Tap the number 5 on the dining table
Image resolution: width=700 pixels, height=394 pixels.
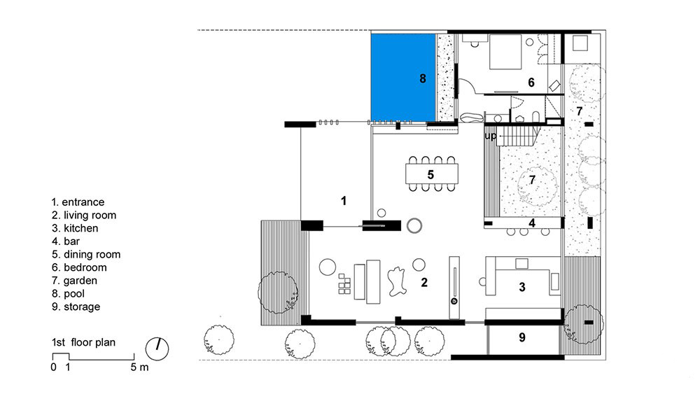click(430, 174)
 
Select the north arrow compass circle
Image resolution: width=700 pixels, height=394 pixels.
click(157, 349)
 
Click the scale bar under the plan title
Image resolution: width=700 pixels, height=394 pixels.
click(93, 357)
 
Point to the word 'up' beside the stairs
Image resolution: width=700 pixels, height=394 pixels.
click(490, 136)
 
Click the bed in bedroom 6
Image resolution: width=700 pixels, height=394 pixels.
click(505, 52)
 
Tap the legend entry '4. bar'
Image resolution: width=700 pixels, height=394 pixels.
click(66, 241)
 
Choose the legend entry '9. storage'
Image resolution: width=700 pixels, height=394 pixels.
click(76, 307)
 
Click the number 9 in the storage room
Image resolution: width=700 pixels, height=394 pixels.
click(522, 338)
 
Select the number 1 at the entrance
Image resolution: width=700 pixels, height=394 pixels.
click(343, 201)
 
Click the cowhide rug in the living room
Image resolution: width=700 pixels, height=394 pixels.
click(397, 281)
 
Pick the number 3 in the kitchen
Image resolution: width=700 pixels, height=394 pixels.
click(522, 288)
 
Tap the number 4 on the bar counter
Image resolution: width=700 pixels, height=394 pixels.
click(532, 223)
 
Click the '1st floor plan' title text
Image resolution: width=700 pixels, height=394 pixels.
click(83, 342)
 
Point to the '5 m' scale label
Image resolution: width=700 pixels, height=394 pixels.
click(140, 367)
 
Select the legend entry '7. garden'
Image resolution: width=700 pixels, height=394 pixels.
click(75, 281)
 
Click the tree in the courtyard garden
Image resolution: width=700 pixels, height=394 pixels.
click(537, 185)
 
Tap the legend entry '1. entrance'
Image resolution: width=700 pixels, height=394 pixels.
click(78, 202)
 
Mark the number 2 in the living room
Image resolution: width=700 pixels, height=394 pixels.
click(424, 282)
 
